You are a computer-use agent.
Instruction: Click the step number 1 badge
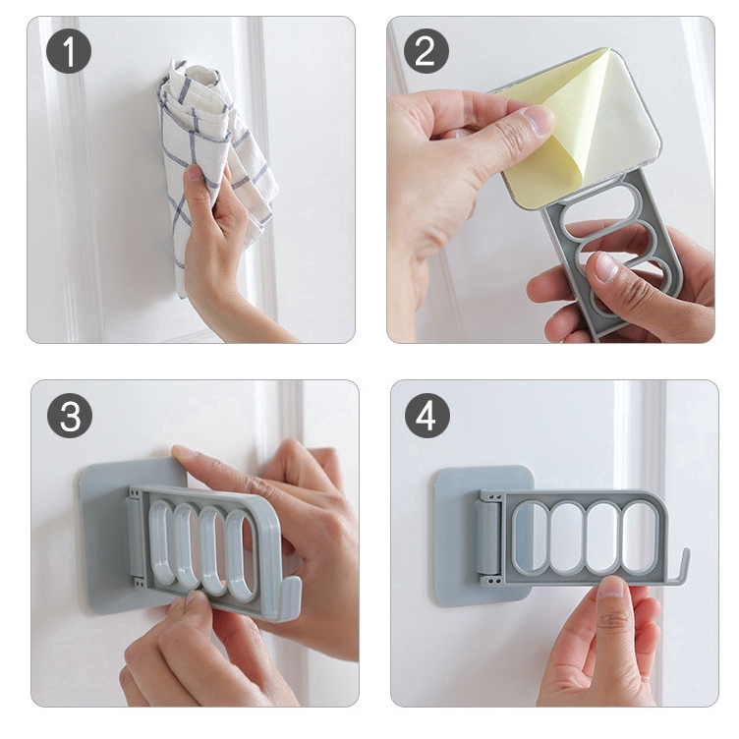69,51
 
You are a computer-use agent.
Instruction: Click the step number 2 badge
426,51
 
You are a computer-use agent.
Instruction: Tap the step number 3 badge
70,416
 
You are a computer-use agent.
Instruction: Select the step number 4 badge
427,416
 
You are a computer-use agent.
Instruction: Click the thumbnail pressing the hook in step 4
612,588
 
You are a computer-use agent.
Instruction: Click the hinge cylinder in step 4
486,538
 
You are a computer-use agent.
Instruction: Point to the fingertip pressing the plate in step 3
182,452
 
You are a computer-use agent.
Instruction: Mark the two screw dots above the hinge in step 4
494,496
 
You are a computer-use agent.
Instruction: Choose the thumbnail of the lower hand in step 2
606,267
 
